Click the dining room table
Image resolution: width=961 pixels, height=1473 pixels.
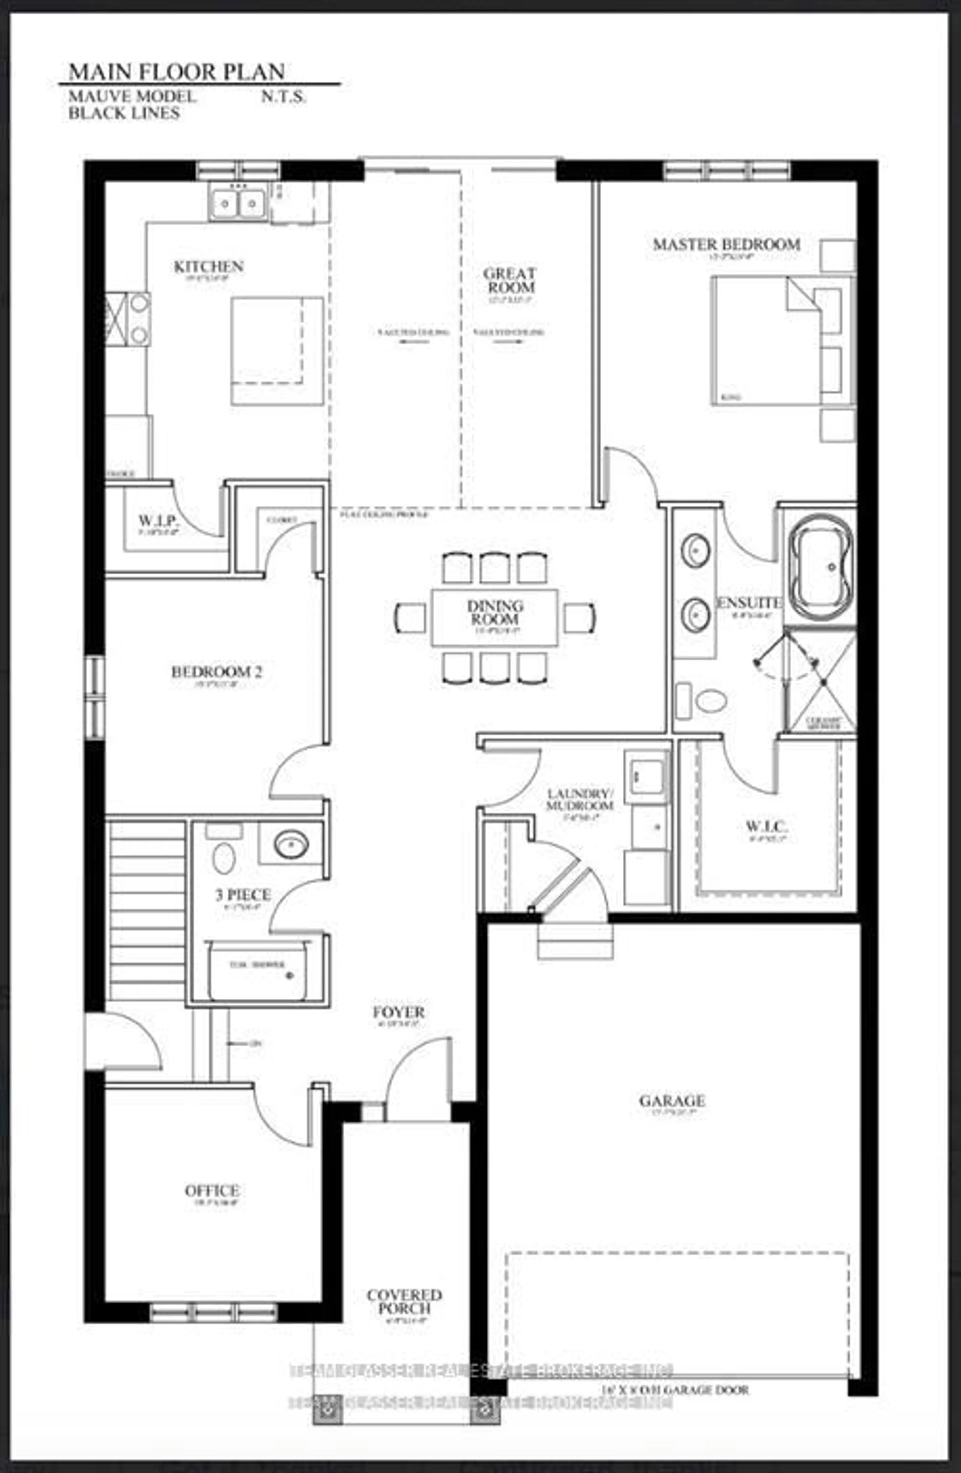click(495, 617)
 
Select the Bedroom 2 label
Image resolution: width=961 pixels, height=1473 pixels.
click(216, 671)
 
